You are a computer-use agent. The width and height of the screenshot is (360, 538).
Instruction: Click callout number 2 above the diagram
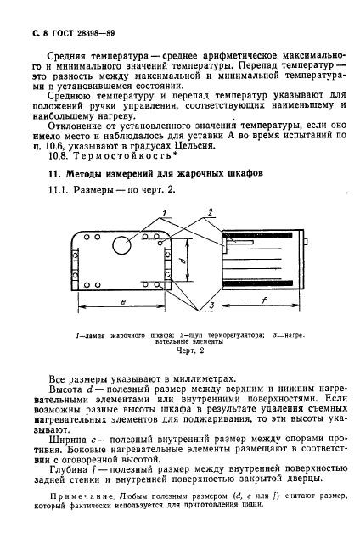(x=209, y=212)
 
